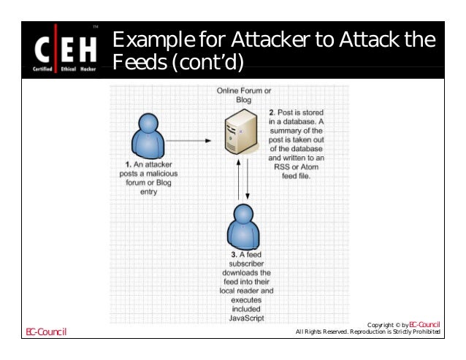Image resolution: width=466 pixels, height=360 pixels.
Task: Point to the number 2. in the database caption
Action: tap(272, 112)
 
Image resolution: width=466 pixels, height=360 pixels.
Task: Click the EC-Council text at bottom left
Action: tap(46, 333)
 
